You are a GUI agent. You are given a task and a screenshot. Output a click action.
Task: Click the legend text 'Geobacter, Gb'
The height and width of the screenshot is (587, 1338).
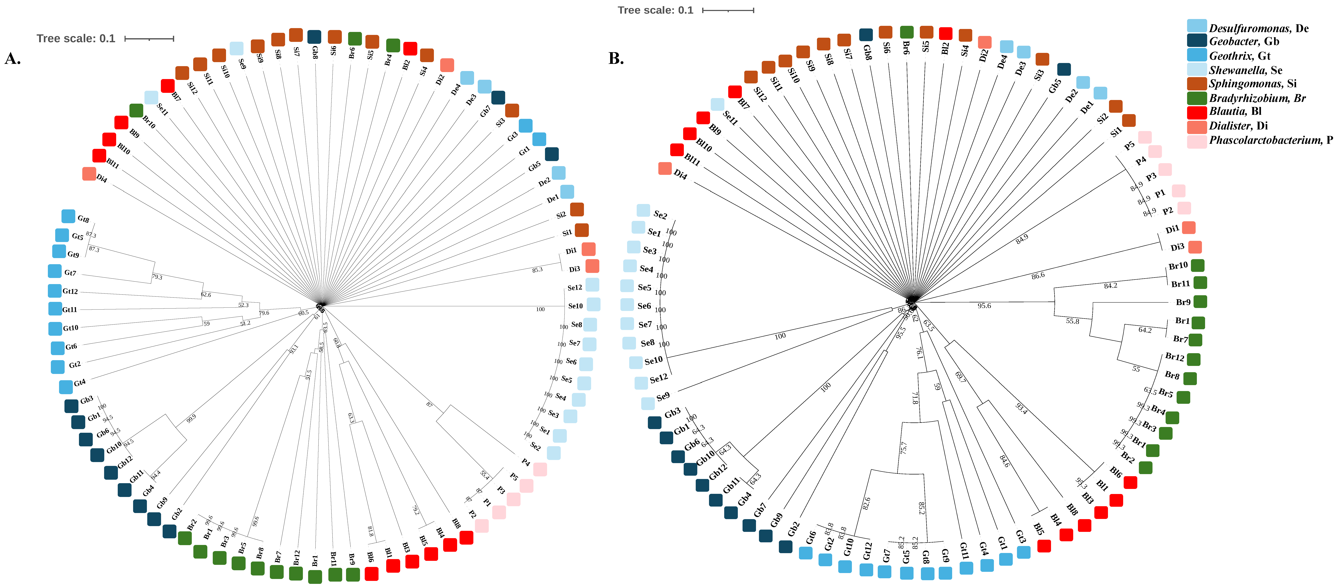(x=1244, y=42)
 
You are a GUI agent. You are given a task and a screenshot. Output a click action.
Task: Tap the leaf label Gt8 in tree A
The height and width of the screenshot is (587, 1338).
(x=83, y=219)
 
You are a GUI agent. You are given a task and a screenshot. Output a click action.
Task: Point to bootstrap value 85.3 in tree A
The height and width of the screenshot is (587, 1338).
(x=537, y=270)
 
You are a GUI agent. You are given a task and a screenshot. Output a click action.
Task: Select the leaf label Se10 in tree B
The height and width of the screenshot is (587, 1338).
(x=653, y=360)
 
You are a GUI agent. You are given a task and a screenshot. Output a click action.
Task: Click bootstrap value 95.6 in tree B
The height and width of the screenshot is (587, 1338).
(x=984, y=306)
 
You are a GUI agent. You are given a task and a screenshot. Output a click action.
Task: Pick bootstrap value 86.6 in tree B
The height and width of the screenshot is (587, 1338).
(x=1038, y=276)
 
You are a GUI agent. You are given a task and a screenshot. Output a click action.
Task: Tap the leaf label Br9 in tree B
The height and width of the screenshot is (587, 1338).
(x=1183, y=302)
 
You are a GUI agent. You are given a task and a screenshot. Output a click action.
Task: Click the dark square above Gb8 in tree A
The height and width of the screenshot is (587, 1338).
(x=314, y=37)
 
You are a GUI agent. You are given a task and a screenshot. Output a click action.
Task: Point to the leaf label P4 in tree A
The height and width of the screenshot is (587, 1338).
(x=526, y=462)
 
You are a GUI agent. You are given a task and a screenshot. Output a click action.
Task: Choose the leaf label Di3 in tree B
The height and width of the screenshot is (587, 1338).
(x=1177, y=247)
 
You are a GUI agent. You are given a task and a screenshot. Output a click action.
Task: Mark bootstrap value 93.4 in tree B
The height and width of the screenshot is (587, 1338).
(x=1021, y=408)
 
